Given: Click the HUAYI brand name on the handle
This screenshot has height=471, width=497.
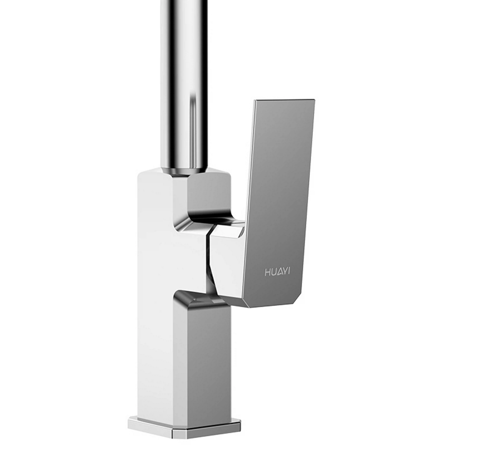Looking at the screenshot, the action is (x=277, y=272).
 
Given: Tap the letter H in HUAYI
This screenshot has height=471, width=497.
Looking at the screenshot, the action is (x=267, y=272).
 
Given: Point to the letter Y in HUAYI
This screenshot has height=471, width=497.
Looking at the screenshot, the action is (x=285, y=272).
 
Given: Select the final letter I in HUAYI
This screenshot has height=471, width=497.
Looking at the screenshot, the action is (x=289, y=272).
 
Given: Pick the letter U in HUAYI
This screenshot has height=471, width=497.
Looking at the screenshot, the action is (x=273, y=272).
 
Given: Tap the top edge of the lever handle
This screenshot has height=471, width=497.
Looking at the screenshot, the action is (x=285, y=100).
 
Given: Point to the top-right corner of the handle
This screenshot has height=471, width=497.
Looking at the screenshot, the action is (x=315, y=100).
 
